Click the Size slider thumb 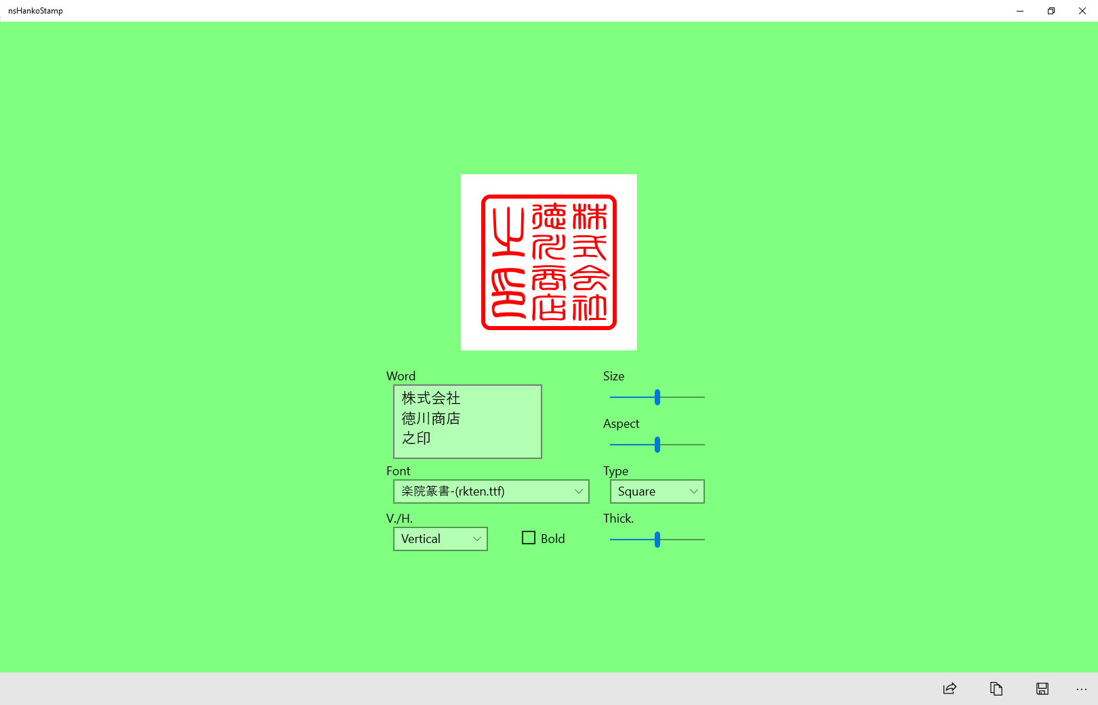tap(657, 397)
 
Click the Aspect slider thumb tap(657, 445)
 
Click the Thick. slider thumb tap(657, 540)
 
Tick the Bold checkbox tap(529, 538)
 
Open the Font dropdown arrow tap(578, 491)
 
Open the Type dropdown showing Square tap(657, 491)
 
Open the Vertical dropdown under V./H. tap(440, 539)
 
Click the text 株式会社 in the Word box tap(431, 398)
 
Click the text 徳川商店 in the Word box tap(431, 418)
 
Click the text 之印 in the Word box tap(416, 438)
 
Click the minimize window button tap(1020, 11)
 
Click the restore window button tap(1051, 11)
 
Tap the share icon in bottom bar tap(950, 689)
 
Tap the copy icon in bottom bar tap(996, 689)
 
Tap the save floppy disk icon tap(1042, 689)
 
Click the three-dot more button tap(1081, 689)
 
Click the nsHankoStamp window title tap(36, 11)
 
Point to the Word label tap(401, 376)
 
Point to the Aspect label tap(621, 424)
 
